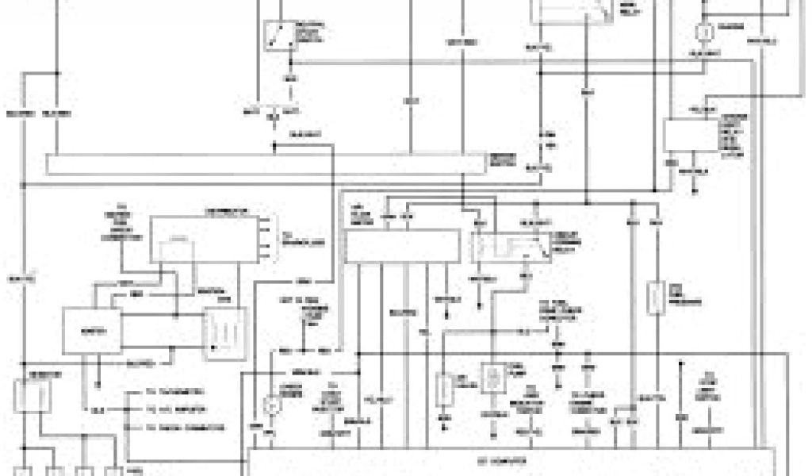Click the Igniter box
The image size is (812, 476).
coord(93,330)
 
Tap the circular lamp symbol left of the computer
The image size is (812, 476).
coord(272,405)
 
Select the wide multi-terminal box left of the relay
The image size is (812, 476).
coord(404,246)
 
